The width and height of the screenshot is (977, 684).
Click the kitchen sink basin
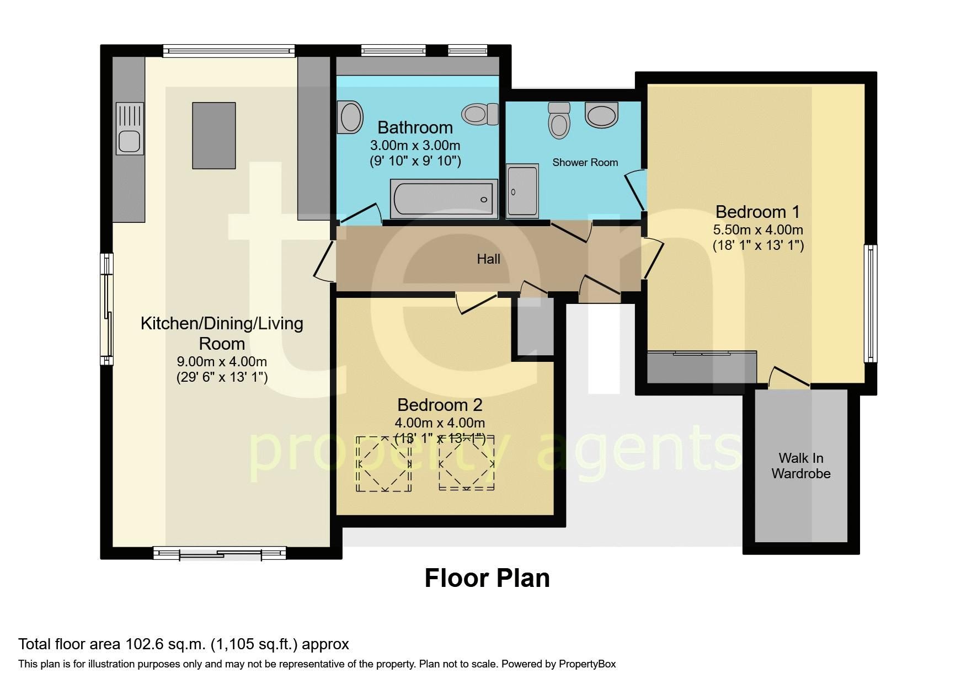130,141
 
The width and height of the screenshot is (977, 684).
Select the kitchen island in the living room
213,135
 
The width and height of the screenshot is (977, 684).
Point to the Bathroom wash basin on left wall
350,117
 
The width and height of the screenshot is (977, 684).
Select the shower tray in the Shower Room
522,191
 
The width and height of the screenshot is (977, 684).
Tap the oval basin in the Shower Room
602,115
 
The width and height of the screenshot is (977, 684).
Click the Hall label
488,259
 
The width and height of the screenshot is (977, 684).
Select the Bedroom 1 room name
757,211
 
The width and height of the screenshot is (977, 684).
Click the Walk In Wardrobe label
800,466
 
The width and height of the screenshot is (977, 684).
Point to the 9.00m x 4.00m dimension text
222,362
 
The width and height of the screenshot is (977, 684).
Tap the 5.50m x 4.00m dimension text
758,229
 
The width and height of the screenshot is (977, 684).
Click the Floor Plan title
487,578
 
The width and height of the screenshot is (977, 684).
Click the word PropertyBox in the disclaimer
587,664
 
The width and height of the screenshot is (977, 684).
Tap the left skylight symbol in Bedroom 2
384,463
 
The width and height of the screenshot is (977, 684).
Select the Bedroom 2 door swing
475,303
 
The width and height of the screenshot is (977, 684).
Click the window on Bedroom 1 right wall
871,303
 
